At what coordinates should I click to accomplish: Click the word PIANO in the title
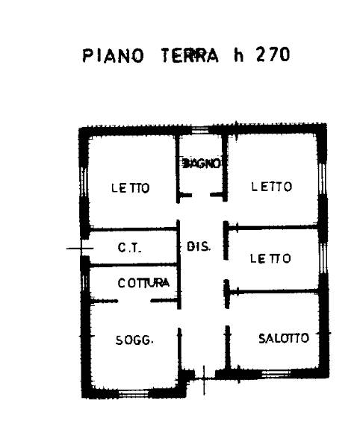[x=113, y=56]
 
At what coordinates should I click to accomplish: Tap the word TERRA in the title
[x=190, y=55]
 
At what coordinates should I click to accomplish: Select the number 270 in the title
[x=273, y=54]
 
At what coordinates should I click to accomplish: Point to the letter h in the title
[x=239, y=55]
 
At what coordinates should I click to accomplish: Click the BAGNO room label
[x=201, y=163]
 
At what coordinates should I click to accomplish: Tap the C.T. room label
[x=129, y=247]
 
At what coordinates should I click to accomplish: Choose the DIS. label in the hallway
[x=198, y=246]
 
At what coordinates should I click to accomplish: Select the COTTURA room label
[x=143, y=283]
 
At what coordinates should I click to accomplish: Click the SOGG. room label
[x=134, y=340]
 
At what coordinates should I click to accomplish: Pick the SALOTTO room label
[x=284, y=338]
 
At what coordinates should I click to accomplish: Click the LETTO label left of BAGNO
[x=131, y=187]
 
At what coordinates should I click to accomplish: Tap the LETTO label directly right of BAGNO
[x=272, y=187]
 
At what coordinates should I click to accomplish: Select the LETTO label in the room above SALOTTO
[x=270, y=258]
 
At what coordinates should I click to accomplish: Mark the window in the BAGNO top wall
[x=200, y=131]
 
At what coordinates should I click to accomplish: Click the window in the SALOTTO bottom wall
[x=276, y=374]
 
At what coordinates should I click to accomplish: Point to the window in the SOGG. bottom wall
[x=134, y=393]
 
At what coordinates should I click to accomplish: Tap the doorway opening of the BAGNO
[x=201, y=195]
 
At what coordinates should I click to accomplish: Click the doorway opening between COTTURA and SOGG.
[x=134, y=301]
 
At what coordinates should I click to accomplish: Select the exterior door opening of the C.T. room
[x=84, y=248]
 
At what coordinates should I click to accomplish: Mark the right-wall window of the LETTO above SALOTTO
[x=323, y=258]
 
